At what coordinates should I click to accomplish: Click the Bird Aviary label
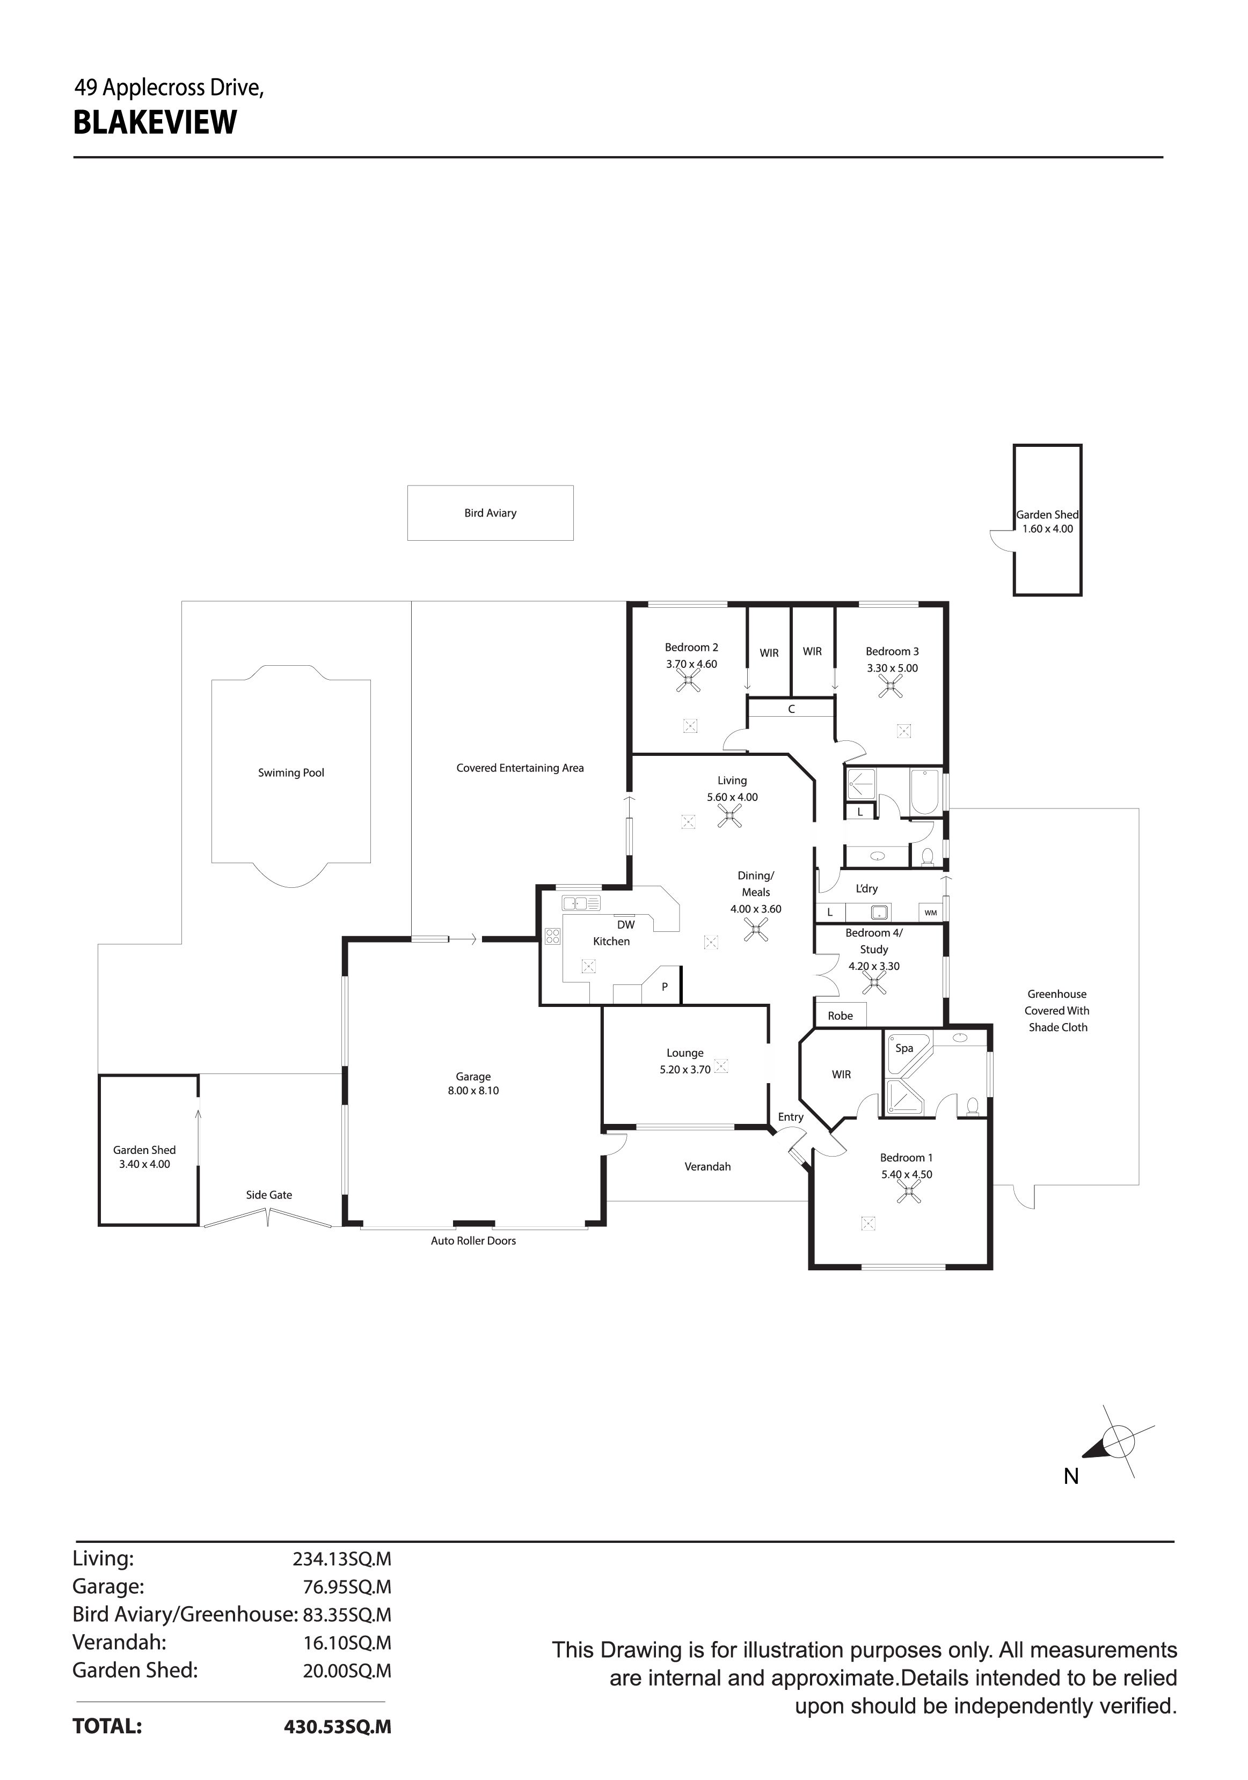490,513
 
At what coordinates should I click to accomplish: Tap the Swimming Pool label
291,773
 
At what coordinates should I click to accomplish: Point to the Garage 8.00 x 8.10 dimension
473,1091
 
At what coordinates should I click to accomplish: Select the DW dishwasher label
626,925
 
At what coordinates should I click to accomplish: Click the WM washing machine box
931,913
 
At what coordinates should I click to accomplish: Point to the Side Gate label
269,1195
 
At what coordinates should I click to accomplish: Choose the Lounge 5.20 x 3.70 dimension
685,1069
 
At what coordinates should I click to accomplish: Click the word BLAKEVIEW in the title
155,123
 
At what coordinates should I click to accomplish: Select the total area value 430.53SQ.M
338,1726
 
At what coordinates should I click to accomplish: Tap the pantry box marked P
665,987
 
